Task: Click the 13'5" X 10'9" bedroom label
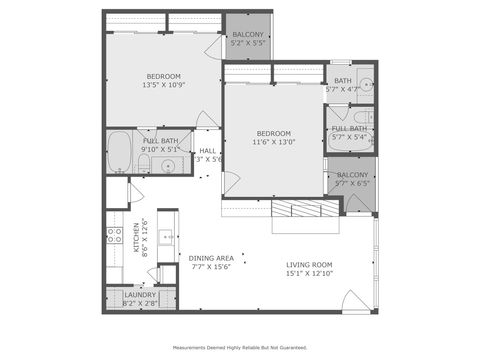click(x=163, y=81)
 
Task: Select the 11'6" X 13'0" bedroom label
click(x=273, y=138)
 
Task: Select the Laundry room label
click(x=139, y=299)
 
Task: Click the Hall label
click(x=208, y=154)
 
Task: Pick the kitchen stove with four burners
click(x=115, y=237)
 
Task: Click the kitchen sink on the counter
click(x=165, y=237)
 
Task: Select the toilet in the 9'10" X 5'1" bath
click(x=144, y=163)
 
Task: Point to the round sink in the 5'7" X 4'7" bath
click(x=365, y=83)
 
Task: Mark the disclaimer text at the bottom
click(x=240, y=348)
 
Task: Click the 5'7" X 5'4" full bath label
click(x=349, y=132)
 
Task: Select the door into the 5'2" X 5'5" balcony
click(x=214, y=46)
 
